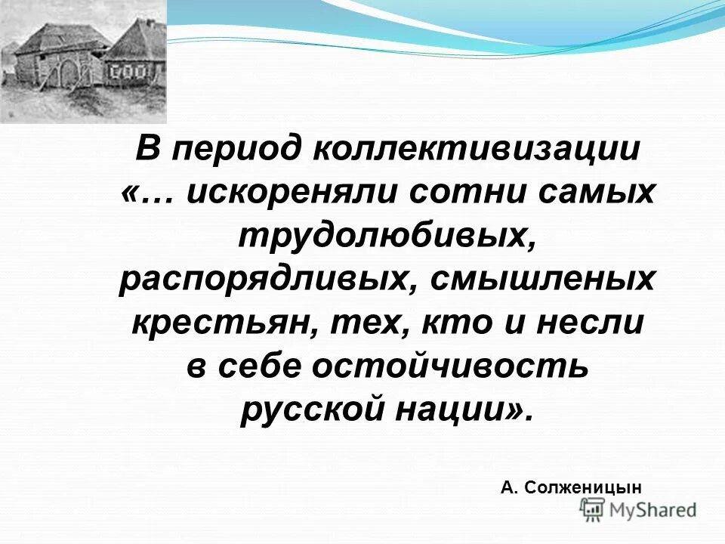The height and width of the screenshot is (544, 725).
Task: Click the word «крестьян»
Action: point(219,324)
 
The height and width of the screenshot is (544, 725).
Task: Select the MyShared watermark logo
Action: point(639,510)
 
